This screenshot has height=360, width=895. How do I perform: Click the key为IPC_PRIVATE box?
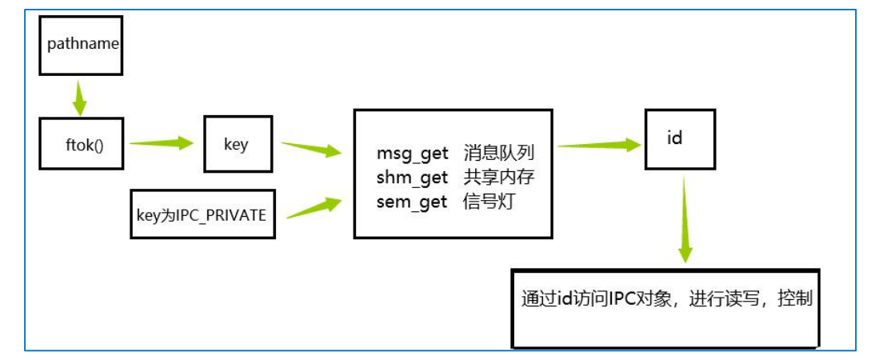tap(202, 214)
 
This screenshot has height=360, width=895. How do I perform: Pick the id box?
tap(674, 138)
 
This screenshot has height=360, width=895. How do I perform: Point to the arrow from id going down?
tap(685, 221)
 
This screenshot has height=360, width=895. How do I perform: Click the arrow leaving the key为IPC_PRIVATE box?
tap(313, 208)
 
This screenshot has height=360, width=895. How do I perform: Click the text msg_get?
tap(412, 153)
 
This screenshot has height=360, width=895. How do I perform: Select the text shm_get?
tap(412, 178)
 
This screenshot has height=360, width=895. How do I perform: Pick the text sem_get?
tap(412, 202)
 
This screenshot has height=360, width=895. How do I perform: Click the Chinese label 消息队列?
tap(498, 153)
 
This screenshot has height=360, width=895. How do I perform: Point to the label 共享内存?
tap(498, 178)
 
